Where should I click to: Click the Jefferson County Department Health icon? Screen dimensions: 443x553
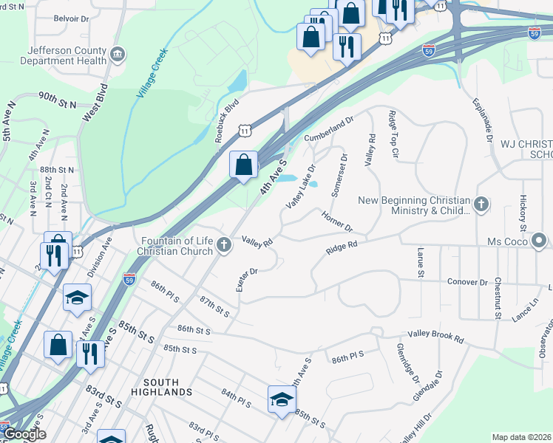[118, 55]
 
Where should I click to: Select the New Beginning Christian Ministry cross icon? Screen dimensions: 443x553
[481, 205]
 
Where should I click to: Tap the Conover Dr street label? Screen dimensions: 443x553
[467, 282]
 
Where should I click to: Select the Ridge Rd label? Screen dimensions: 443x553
[342, 248]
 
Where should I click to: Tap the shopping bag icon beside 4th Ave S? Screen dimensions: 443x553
[243, 165]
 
